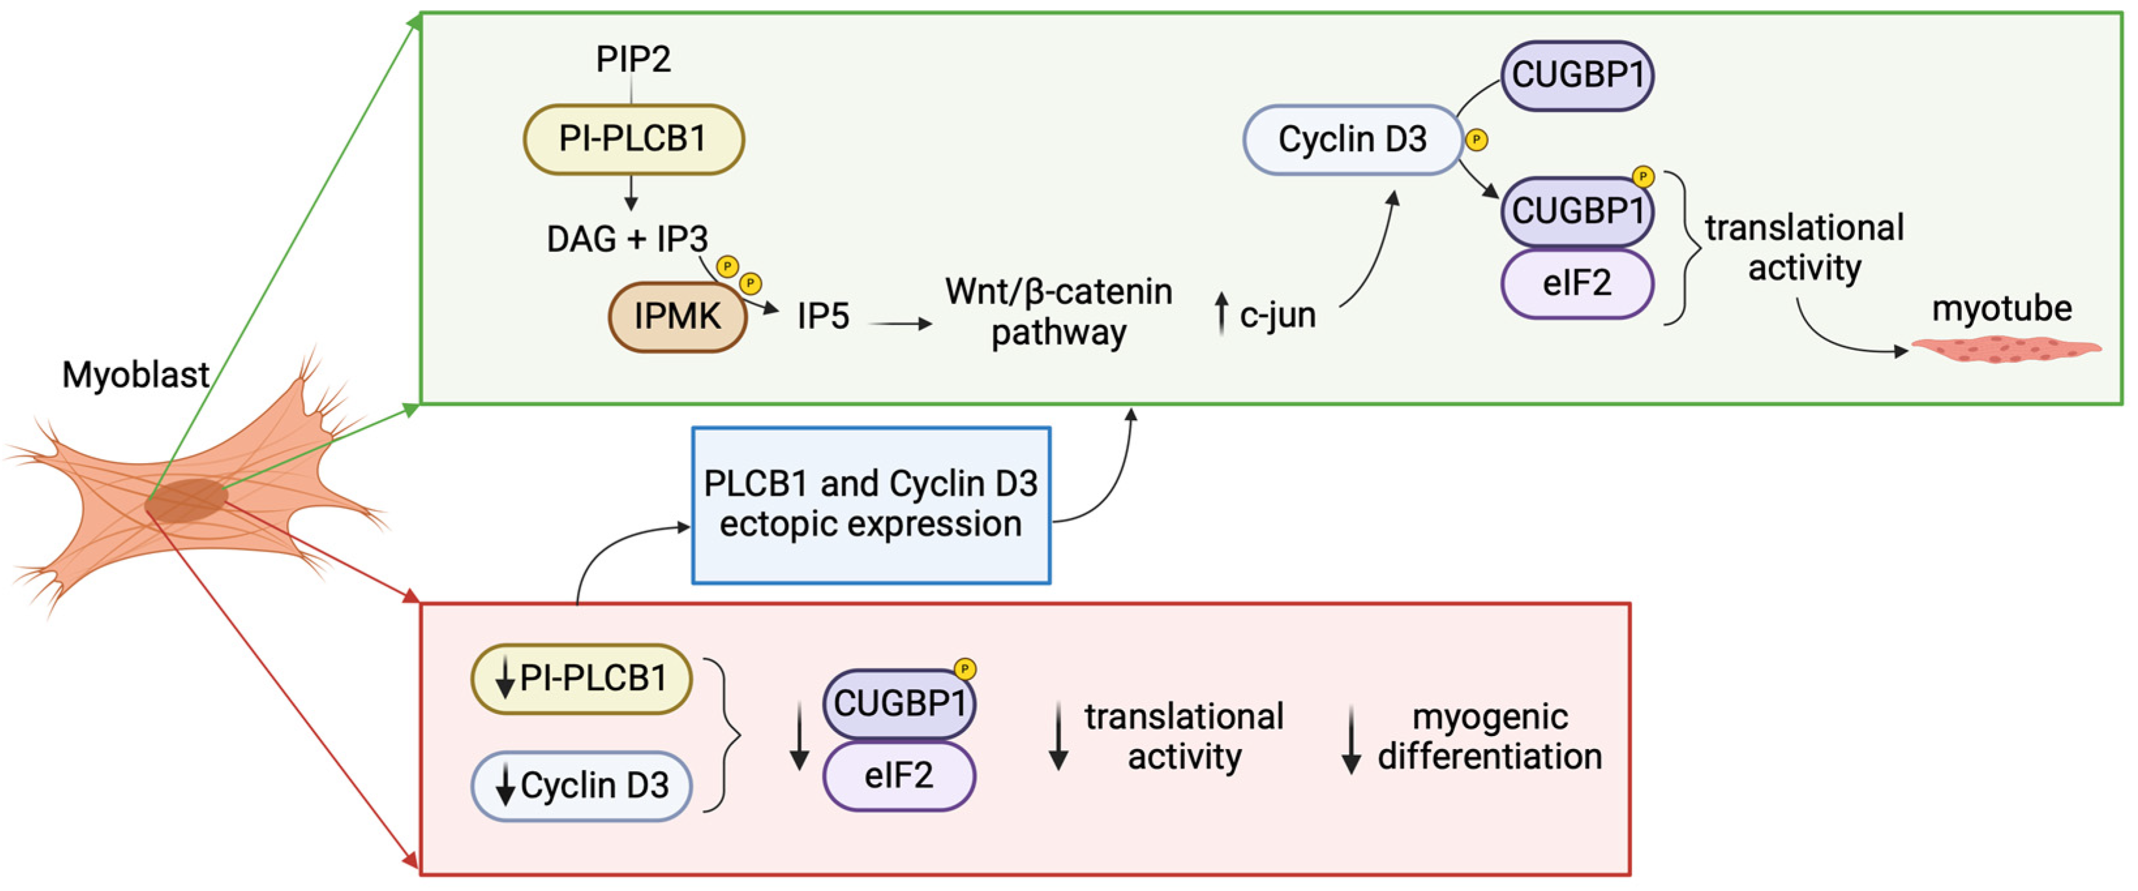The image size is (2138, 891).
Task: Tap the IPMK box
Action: (677, 316)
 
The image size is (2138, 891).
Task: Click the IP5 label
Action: (823, 316)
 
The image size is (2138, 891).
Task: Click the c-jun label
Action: (1276, 315)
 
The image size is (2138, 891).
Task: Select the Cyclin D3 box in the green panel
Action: (1351, 139)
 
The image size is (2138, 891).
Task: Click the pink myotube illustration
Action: (2005, 349)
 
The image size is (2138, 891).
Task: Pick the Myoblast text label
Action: (136, 375)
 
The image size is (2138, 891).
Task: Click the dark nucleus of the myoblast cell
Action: (186, 500)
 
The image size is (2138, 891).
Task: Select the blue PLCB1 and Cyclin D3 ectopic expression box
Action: (871, 504)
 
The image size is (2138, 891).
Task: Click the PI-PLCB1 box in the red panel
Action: (581, 679)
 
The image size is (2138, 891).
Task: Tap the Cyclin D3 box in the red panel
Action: (581, 785)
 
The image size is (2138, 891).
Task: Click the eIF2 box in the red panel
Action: (898, 776)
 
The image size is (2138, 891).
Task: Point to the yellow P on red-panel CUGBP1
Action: (965, 669)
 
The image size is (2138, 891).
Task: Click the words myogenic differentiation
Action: (1489, 737)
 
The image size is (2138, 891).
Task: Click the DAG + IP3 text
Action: (626, 239)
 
